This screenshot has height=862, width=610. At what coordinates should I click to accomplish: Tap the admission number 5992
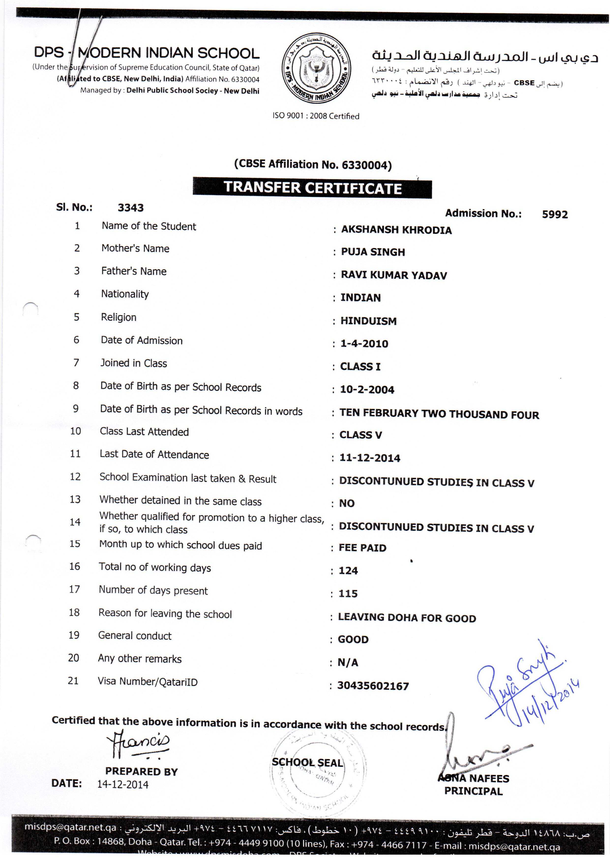pos(554,214)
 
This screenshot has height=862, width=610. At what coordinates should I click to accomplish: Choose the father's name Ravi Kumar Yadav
pos(394,275)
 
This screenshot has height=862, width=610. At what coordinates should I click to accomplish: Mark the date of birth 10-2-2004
pos(367,389)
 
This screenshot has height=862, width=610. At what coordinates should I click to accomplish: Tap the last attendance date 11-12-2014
pos(370,458)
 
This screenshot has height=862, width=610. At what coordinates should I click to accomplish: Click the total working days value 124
pos(348,571)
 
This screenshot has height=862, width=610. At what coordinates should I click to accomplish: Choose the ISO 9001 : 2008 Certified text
pos(315,116)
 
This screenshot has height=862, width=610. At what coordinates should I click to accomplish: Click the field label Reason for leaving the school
pos(165,614)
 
